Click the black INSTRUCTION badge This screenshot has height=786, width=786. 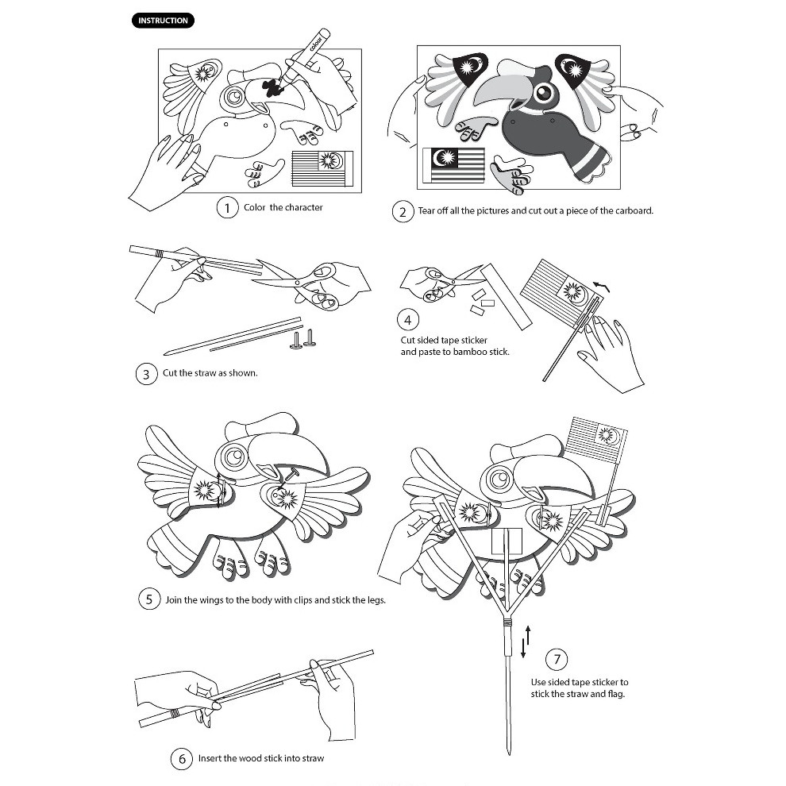coord(162,21)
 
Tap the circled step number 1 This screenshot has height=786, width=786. coord(228,208)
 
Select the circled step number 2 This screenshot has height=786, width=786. coord(403,212)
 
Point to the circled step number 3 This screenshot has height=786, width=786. coord(146,374)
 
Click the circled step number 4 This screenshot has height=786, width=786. coord(407,320)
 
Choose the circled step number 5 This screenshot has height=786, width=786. coord(149,599)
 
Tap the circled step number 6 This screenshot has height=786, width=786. coord(182,759)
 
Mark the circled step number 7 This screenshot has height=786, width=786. coord(557,659)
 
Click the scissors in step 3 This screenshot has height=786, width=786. coord(306,283)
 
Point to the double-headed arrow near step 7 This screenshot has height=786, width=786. coord(525,642)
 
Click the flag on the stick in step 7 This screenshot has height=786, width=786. coord(596,441)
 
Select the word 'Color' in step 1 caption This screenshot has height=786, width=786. coord(255,208)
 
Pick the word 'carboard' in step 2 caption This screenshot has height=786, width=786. coord(630,211)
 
